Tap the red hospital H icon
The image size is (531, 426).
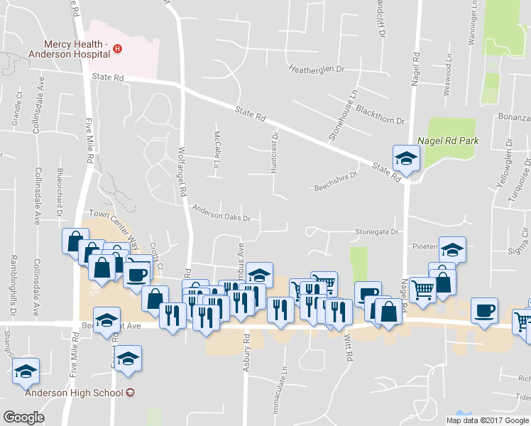119,48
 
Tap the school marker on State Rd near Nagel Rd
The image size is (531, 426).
407,158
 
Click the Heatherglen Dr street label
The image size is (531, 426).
317,70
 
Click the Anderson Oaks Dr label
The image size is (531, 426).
221,212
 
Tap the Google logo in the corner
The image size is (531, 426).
23,417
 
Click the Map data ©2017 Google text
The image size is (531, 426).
487,420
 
